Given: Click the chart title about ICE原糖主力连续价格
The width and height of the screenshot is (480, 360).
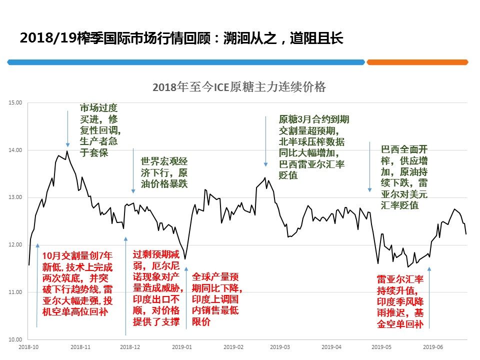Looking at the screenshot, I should click(239, 87).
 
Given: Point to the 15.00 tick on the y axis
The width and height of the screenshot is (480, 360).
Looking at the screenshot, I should click(15, 102).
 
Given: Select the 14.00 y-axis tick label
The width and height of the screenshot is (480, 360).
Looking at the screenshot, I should click(15, 150).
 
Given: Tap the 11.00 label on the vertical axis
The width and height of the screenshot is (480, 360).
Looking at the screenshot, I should click(15, 292).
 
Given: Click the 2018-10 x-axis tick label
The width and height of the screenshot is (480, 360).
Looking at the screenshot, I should click(28, 346).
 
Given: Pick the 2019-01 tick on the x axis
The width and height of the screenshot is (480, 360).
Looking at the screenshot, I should click(182, 346).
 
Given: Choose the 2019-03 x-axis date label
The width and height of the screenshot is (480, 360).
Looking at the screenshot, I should click(279, 346).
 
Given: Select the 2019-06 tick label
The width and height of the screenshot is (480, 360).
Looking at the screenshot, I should click(433, 346).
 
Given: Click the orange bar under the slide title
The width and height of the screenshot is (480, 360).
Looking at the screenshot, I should click(417, 62).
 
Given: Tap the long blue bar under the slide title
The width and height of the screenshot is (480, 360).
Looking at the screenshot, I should click(186, 62).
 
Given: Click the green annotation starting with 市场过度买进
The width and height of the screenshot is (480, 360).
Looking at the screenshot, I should click(100, 130).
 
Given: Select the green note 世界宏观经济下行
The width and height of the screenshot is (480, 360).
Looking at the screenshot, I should click(164, 172).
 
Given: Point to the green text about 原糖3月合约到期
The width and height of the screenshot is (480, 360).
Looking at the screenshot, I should click(313, 147).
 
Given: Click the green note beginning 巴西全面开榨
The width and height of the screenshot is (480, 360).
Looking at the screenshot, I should click(404, 177).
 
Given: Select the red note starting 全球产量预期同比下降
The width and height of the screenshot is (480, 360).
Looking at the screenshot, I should click(217, 299).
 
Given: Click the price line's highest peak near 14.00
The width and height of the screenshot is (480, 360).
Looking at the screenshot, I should click(67, 151).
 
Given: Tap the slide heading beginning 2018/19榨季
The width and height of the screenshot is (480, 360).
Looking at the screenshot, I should click(181, 38).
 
